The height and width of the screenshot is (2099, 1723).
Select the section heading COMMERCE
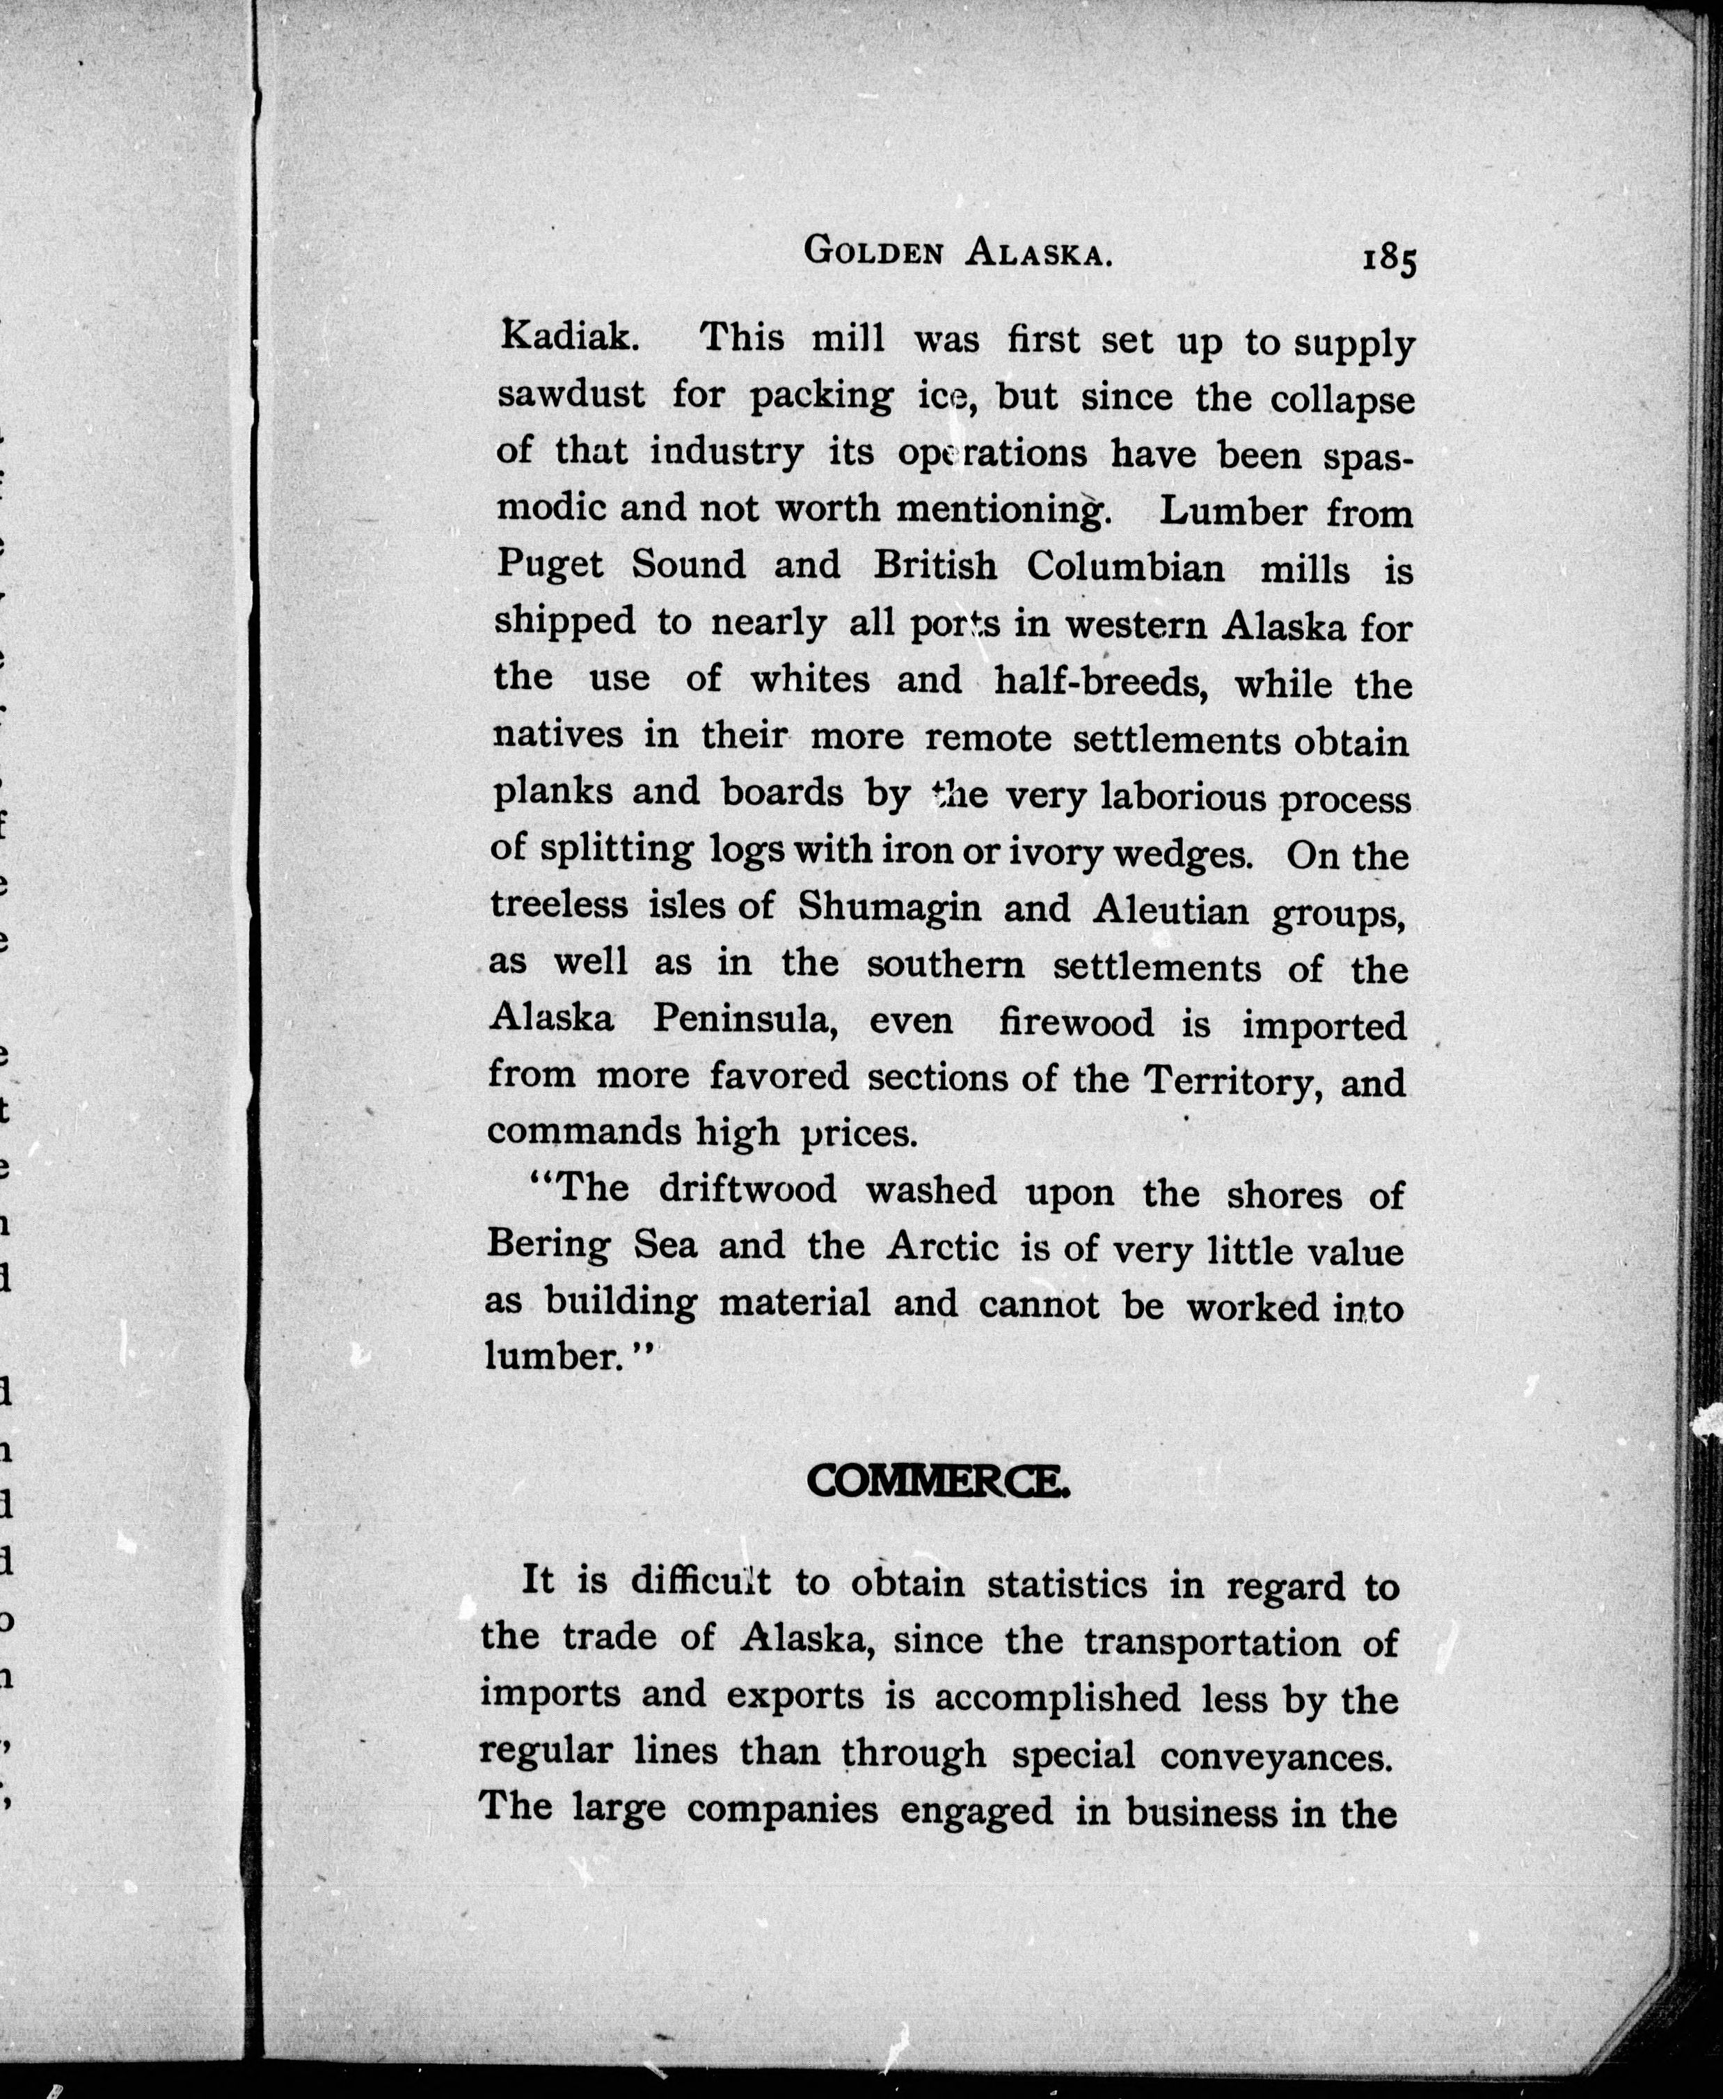pyautogui.click(x=938, y=1484)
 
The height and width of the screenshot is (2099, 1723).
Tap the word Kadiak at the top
pyautogui.click(x=569, y=338)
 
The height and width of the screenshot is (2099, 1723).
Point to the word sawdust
pyautogui.click(x=571, y=394)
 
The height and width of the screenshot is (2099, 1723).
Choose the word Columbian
pyautogui.click(x=1125, y=568)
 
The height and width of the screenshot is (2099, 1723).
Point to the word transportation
pyautogui.click(x=1212, y=1642)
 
